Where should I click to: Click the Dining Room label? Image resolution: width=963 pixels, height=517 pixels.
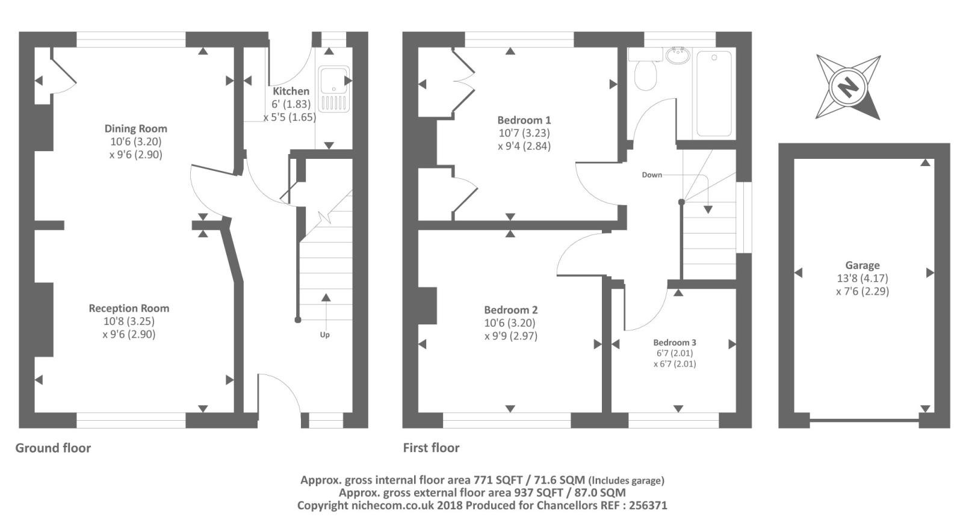pos(135,128)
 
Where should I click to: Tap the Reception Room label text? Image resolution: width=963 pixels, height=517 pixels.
pos(129,308)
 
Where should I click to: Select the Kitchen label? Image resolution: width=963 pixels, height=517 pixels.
pos(291,91)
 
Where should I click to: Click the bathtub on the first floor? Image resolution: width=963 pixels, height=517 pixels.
pos(714,93)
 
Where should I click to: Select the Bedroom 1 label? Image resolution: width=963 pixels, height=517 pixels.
pos(524,120)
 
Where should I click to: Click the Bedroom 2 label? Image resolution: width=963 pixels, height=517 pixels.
pos(510,310)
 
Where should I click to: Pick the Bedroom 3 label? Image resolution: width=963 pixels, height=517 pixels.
pos(674,342)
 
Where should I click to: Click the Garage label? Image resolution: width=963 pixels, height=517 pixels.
pos(862,265)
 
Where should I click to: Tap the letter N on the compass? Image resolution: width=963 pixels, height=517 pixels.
pos(848,88)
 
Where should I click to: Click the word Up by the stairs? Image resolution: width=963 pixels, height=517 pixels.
pos(324,335)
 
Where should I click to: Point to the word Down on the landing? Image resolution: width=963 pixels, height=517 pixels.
pos(651,175)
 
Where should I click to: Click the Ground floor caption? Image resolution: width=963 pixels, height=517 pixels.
pos(53,448)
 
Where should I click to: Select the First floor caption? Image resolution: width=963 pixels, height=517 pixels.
pos(431,448)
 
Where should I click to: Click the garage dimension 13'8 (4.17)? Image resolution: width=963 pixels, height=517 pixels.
pos(862,278)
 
